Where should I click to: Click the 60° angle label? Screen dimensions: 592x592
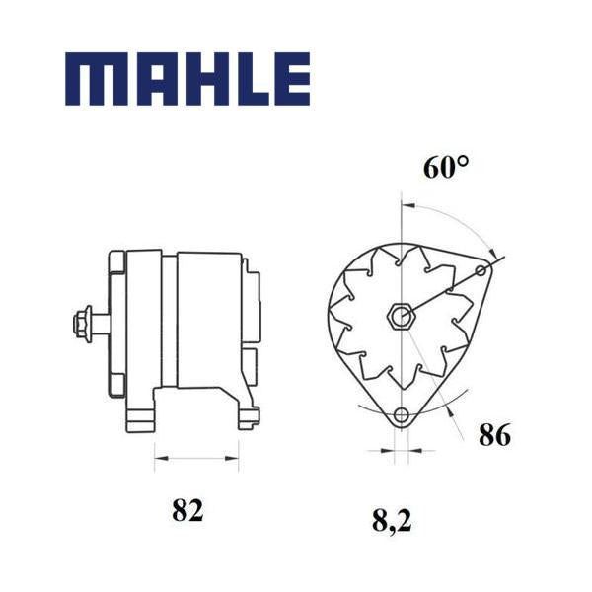coord(446,167)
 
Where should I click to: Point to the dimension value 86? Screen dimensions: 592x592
coord(494,435)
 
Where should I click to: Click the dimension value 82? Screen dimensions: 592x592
coord(187,510)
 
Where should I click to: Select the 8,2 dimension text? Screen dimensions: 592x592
coord(392,521)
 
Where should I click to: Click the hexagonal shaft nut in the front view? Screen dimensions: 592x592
coord(402,315)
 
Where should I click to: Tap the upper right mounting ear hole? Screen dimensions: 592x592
coord(481,270)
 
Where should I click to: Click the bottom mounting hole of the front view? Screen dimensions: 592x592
coord(401,415)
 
